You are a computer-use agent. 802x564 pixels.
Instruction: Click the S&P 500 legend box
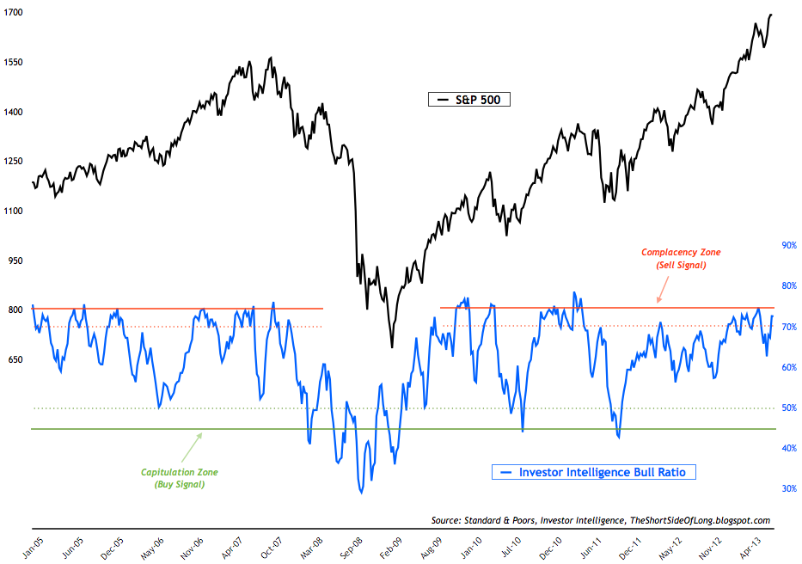(x=469, y=100)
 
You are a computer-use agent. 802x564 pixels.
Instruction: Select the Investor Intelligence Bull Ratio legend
(x=593, y=471)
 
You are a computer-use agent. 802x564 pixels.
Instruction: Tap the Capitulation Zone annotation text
(x=180, y=472)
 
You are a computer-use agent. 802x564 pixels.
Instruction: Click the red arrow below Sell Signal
(x=660, y=296)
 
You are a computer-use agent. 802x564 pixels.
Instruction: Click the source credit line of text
(x=600, y=520)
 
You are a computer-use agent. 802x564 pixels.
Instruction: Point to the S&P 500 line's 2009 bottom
(x=392, y=347)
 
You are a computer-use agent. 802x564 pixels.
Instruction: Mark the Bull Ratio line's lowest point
(x=361, y=493)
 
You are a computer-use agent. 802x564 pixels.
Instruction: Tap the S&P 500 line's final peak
(x=771, y=15)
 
